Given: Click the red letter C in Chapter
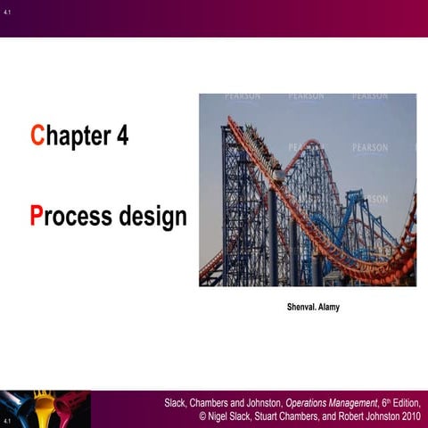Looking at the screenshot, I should (x=37, y=136).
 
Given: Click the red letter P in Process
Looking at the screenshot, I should (x=37, y=216).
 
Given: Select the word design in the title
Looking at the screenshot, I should (x=152, y=218).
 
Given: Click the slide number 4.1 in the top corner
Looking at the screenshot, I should (x=7, y=12).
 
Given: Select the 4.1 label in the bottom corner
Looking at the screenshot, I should (x=7, y=419).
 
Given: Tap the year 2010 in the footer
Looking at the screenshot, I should (x=411, y=416).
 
